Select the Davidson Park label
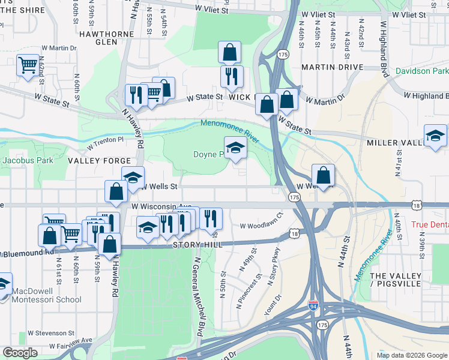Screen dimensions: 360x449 [x=422, y=71]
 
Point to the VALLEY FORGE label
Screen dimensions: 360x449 [x=99, y=161]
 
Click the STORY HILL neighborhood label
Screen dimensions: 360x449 [x=198, y=245]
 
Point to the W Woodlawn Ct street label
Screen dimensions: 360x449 [x=261, y=225]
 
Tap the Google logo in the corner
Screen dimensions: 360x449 [x=20, y=353]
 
